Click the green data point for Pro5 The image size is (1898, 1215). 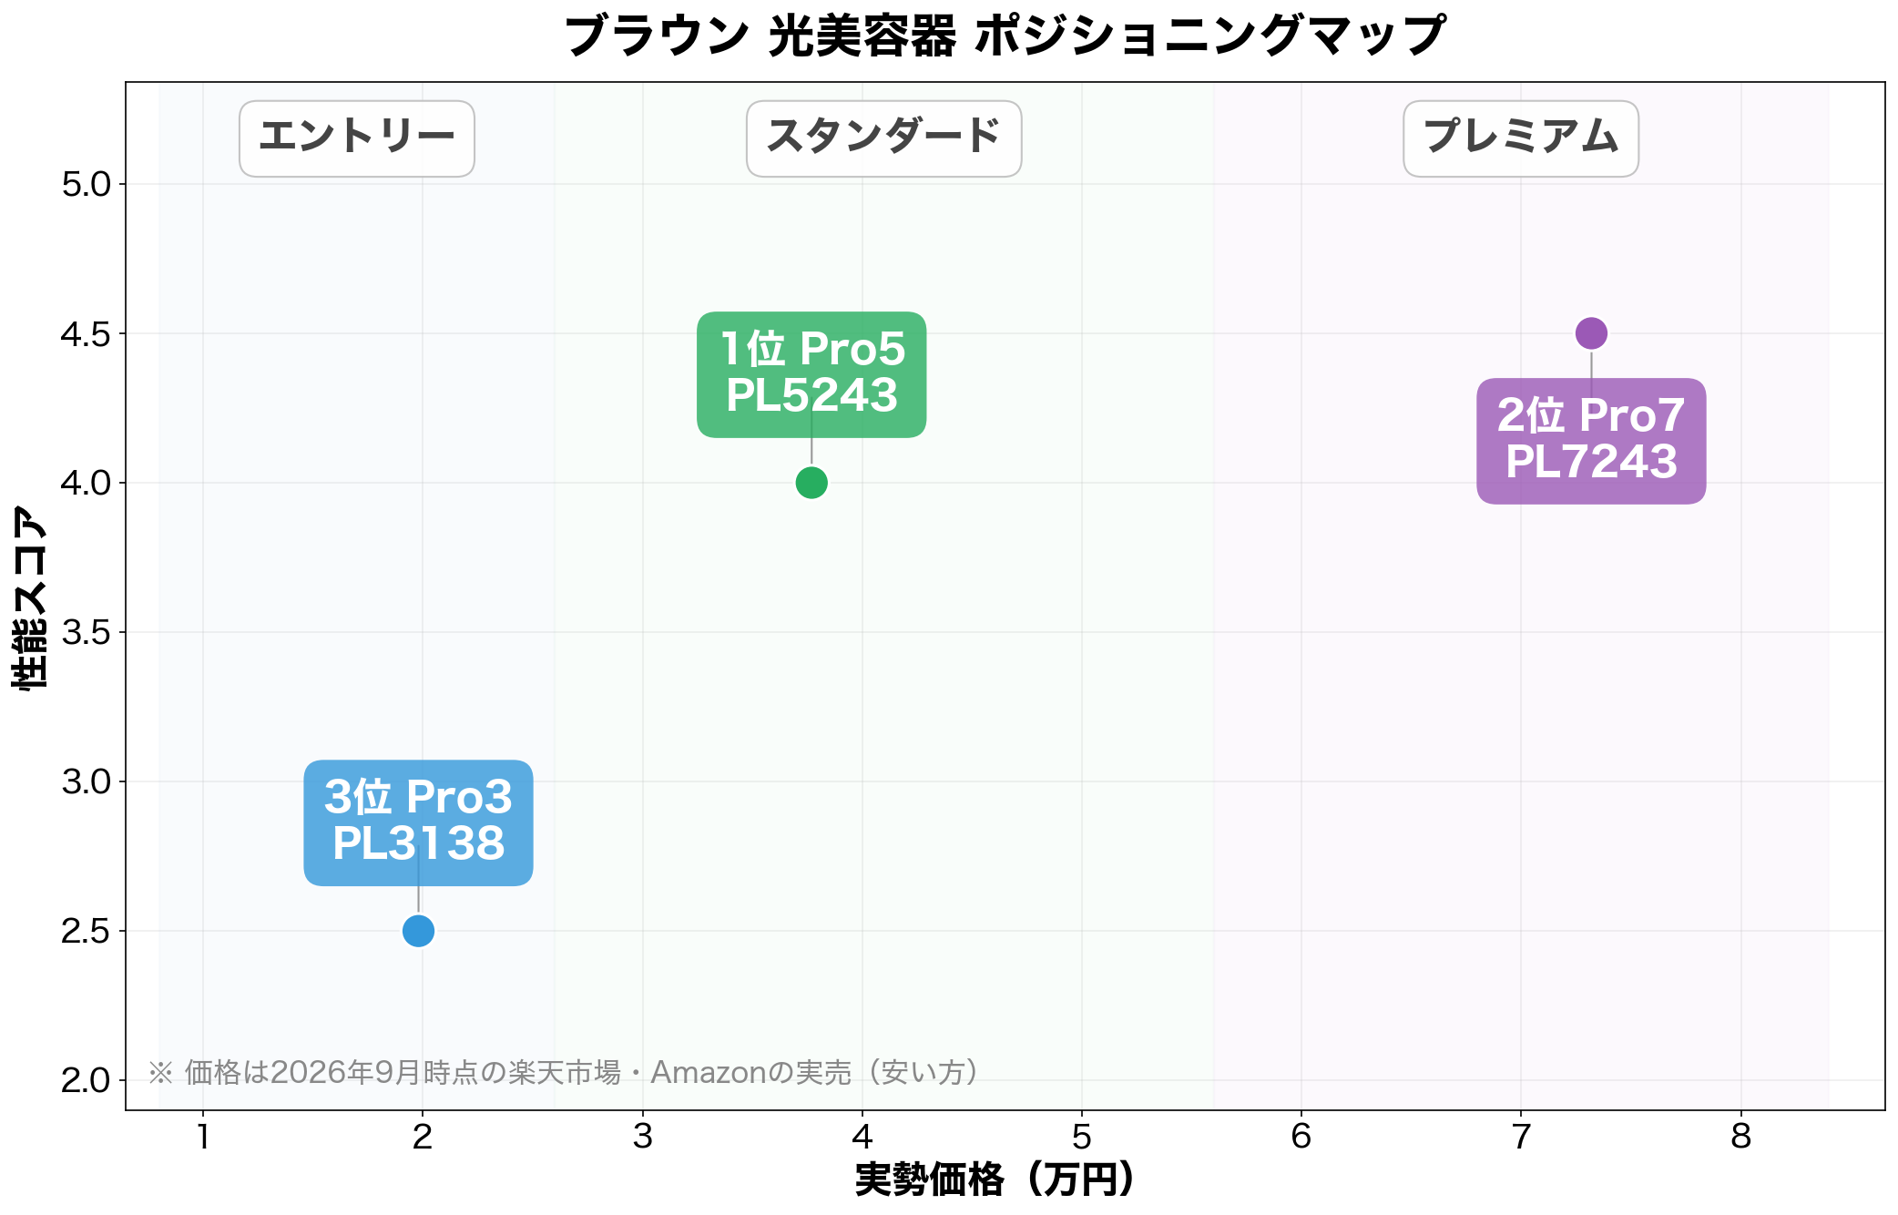tap(811, 483)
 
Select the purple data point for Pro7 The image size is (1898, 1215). tap(1591, 333)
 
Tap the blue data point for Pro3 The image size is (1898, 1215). tap(418, 931)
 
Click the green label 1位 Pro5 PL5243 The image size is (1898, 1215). tap(811, 374)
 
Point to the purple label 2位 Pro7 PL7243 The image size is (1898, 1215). tap(1591, 441)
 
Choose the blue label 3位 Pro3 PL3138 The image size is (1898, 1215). tap(418, 822)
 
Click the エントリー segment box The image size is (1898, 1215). tap(357, 138)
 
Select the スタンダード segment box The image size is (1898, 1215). tap(883, 138)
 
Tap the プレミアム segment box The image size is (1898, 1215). tap(1521, 138)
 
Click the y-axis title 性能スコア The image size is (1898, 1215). tap(29, 597)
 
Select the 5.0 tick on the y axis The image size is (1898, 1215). tap(86, 184)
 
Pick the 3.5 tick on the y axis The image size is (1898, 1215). tap(86, 632)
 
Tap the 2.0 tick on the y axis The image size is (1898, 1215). tap(86, 1080)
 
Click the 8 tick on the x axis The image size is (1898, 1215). tap(1740, 1137)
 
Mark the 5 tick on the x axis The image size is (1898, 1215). tap(1081, 1137)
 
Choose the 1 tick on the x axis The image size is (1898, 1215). tap(203, 1137)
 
